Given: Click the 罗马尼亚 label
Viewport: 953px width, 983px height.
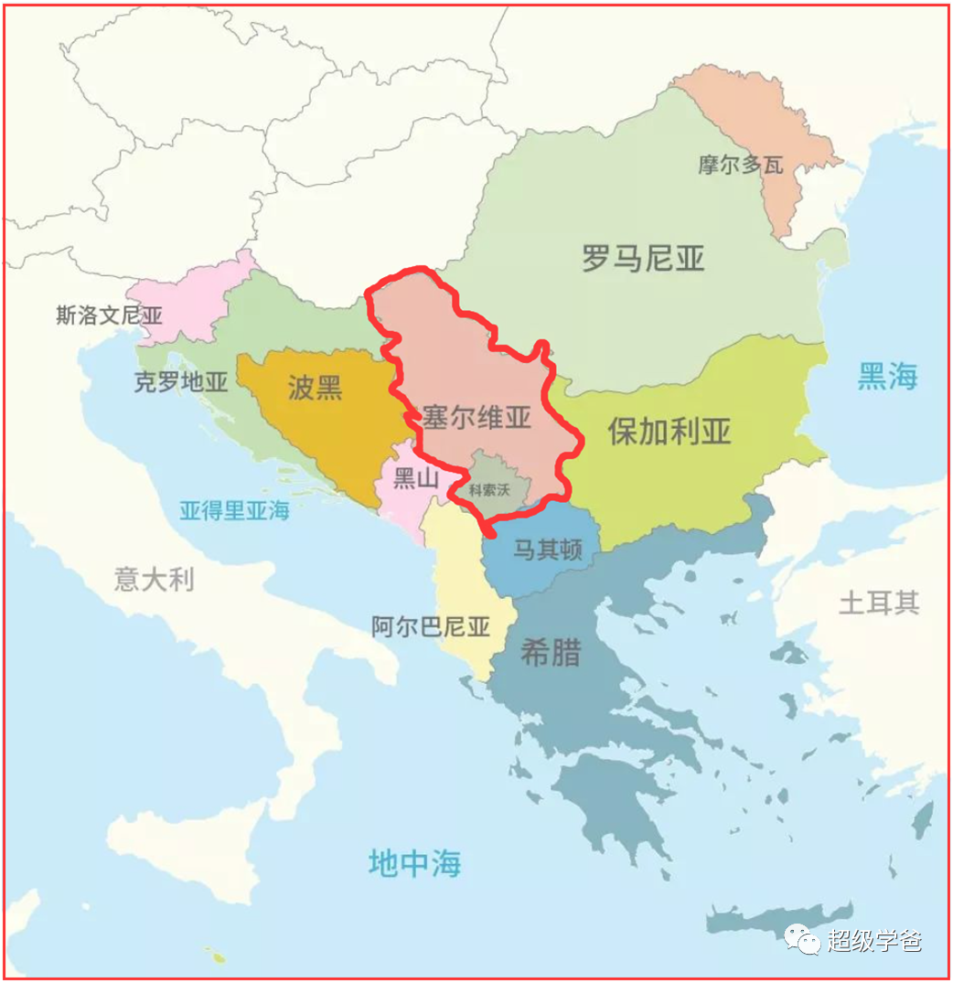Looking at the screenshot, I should coord(644,259).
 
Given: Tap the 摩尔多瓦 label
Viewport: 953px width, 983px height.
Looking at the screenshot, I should coord(741,166).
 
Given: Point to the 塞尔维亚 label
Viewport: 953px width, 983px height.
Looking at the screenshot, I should coord(476,418).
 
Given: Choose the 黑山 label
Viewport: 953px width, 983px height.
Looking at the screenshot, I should coord(415,478).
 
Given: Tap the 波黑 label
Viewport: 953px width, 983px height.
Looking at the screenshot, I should coord(315,388).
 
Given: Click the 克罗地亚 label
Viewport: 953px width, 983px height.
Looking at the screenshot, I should coord(180,382).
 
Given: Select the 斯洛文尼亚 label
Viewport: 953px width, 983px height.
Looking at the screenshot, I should coord(109,315).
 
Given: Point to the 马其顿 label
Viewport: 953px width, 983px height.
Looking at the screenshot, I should coord(547,550).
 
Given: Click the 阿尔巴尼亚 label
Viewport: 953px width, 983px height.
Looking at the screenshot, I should coord(431,627).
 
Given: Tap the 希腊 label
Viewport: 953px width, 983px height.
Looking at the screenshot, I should coord(551,653).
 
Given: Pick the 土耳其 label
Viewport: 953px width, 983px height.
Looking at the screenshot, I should coord(879,603).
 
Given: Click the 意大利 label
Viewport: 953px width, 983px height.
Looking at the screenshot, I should coord(154,579).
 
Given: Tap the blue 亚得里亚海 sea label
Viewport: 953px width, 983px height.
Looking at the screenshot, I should coord(234,510).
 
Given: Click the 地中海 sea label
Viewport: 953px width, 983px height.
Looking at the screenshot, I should coord(414,863).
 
